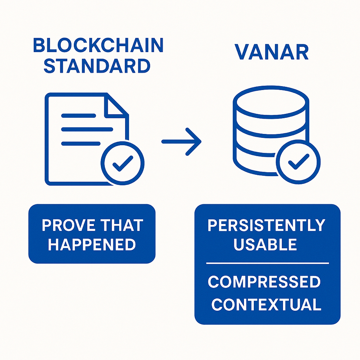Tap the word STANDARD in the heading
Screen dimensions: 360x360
pos(97,66)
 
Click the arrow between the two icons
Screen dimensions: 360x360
pos(181,141)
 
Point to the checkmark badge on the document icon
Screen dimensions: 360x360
pos(122,163)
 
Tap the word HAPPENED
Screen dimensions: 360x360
pos(92,244)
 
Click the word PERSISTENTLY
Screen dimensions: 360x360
pos(267,225)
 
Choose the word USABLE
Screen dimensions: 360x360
pos(265,244)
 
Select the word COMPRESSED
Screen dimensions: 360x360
pos(264,282)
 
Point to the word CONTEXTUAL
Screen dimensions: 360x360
pos(266,304)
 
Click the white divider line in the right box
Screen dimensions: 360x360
pos(267,263)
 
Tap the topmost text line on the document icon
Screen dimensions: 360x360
pos(78,116)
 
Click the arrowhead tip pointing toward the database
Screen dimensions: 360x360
pos(200,141)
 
